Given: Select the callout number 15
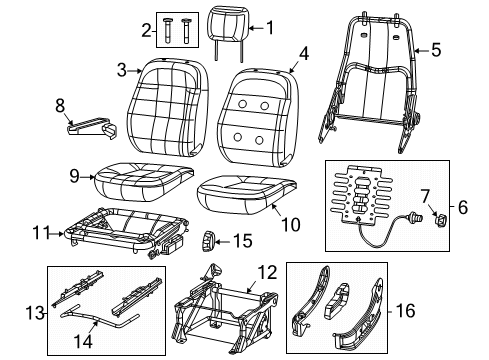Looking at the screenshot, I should (244, 240).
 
